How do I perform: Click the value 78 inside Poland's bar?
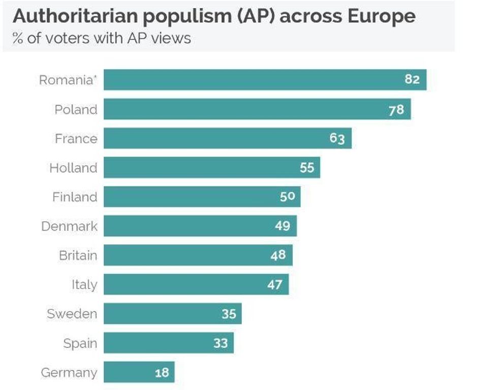396,110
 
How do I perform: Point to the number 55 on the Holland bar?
307,168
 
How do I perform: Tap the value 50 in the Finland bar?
287,197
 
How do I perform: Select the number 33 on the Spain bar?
221,343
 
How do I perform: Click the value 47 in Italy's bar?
275,284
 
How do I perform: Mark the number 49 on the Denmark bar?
283,226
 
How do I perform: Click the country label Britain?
78,255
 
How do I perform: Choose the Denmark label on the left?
69,226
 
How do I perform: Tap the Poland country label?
76,110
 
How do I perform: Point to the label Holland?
73,168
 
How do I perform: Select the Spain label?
80,344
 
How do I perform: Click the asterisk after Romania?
95,78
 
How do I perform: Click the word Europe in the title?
382,16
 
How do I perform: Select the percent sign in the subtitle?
18,39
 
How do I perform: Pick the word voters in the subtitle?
66,39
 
